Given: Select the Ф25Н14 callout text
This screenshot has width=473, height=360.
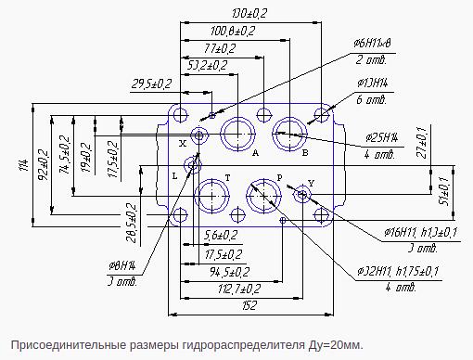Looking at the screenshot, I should click(381, 137).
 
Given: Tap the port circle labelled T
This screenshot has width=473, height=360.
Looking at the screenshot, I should click(213, 196).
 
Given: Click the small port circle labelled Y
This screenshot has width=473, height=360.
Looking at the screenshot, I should click(301, 195).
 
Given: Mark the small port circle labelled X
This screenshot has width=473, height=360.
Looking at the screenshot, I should click(198, 135).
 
